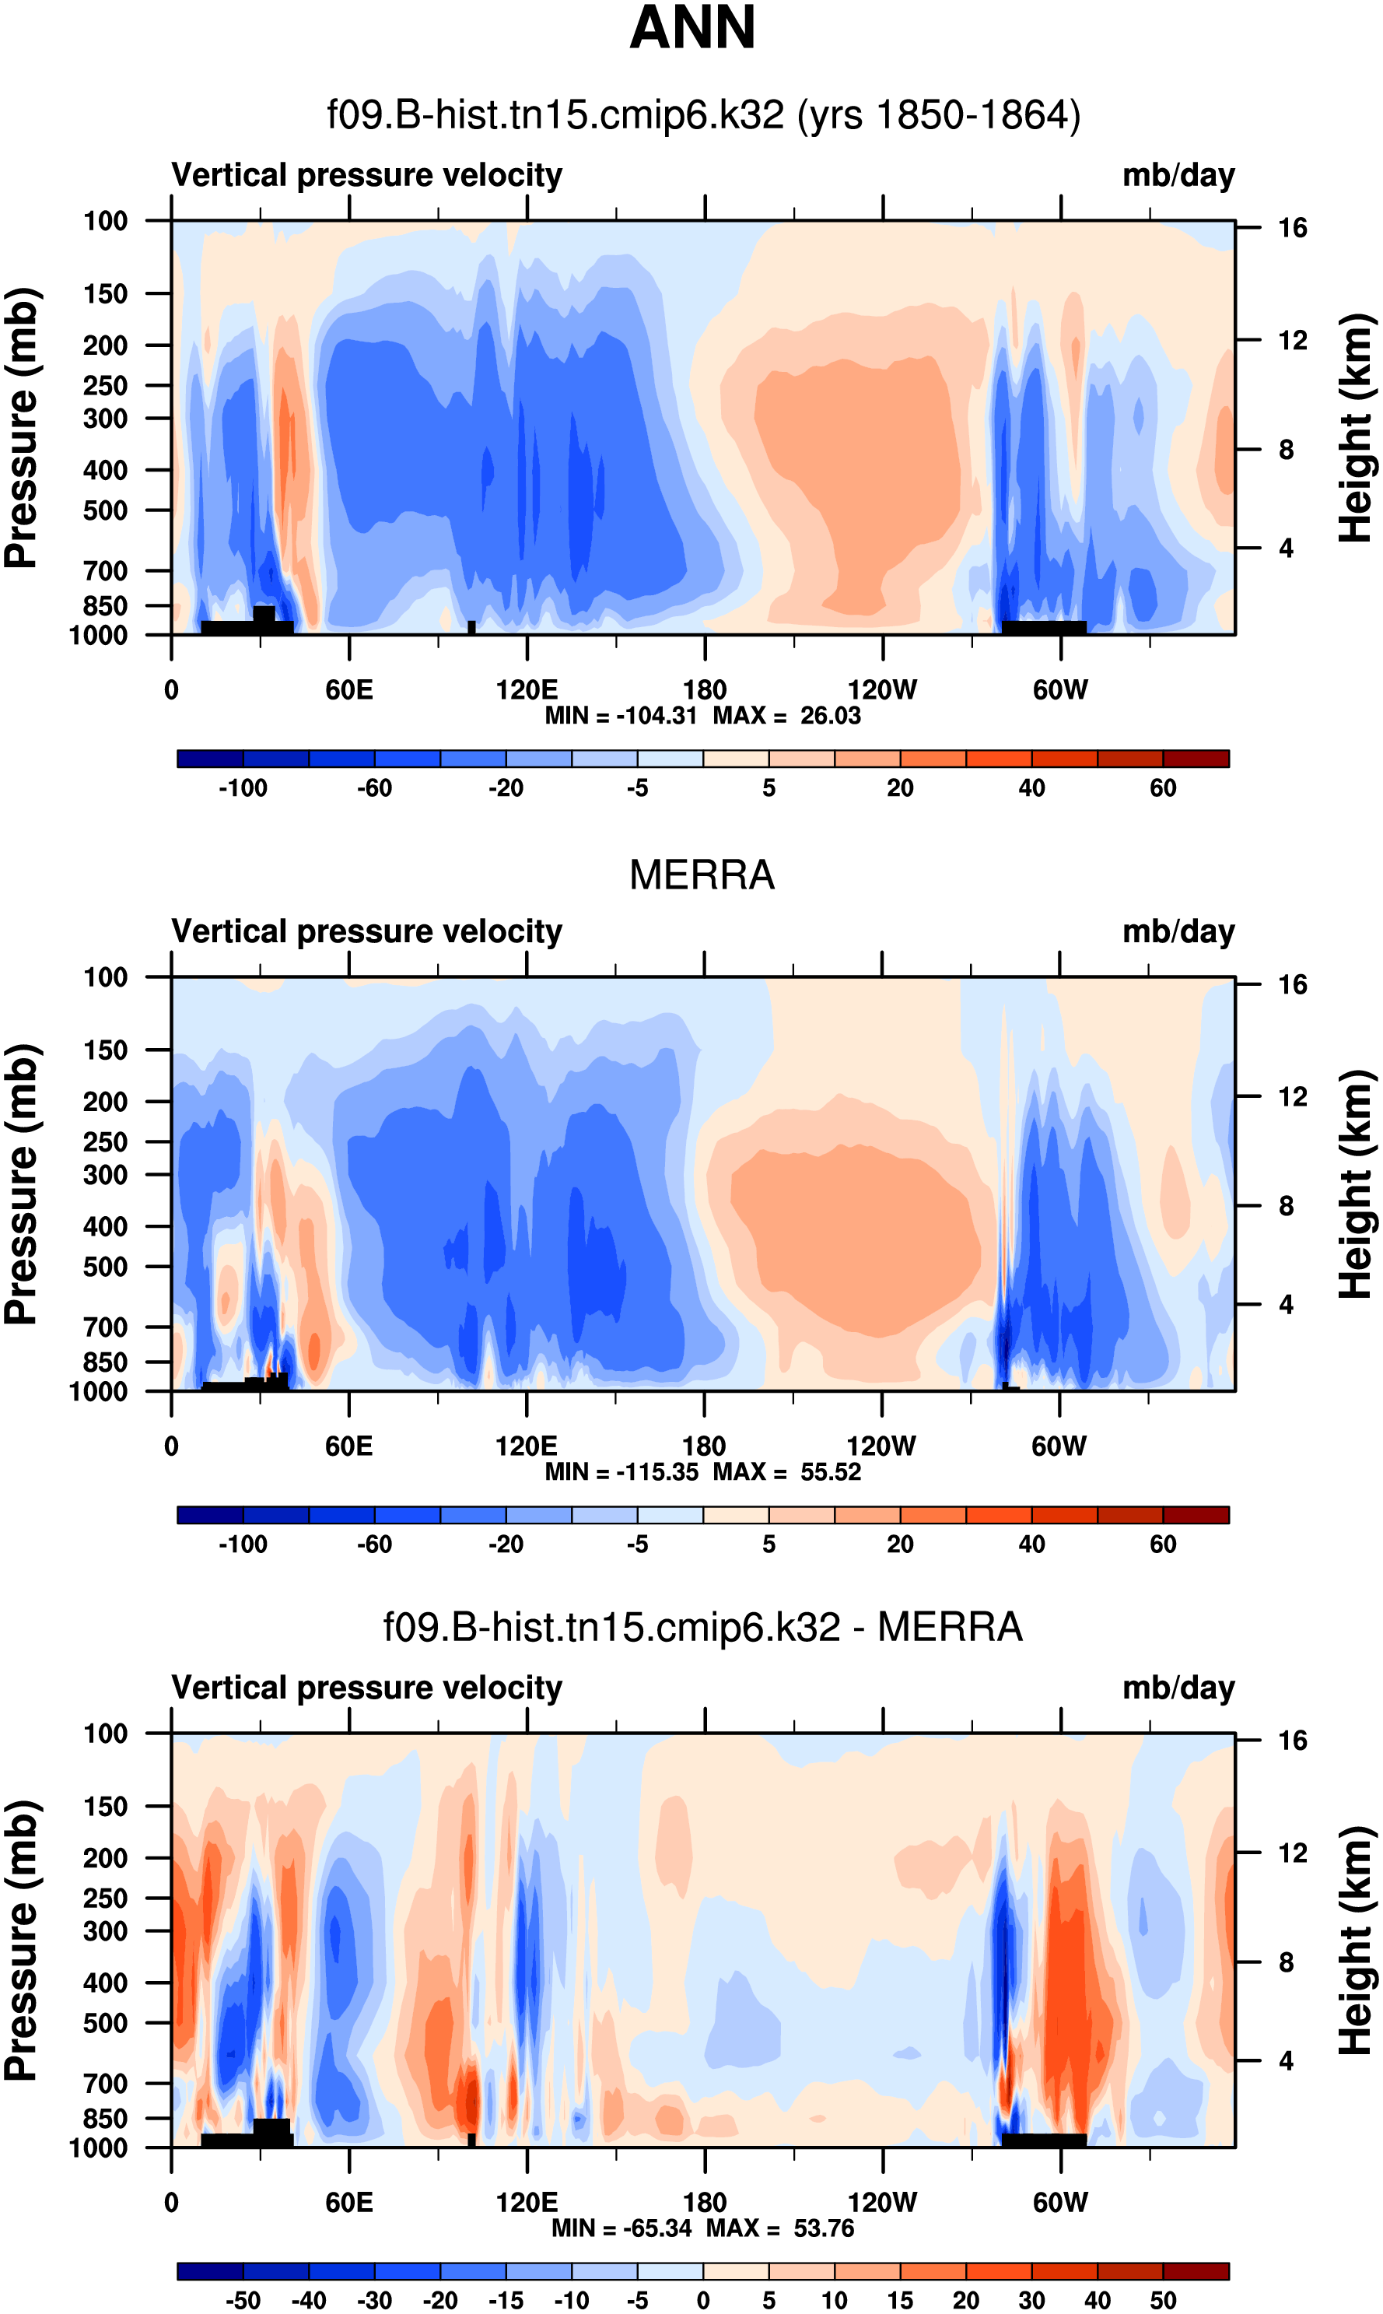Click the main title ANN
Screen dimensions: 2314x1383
tap(691, 28)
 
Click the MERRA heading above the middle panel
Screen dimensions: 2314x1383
tap(702, 875)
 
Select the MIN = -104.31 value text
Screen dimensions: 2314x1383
tap(621, 716)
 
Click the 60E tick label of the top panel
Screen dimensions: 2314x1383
tap(349, 691)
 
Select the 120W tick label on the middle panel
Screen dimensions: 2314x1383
tap(881, 1446)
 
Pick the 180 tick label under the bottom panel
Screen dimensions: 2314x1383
tap(705, 2202)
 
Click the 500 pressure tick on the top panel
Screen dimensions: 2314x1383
tap(105, 510)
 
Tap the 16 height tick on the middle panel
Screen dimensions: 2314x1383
tap(1292, 984)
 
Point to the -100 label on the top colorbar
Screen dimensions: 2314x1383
tap(243, 788)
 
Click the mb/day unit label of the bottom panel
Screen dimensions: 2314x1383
tap(1178, 1688)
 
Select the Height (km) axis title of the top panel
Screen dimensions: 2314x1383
tap(1356, 429)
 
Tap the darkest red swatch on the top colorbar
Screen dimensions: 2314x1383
tap(1196, 759)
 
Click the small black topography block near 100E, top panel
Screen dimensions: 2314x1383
tap(471, 627)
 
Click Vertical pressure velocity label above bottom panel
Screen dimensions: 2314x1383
tap(367, 1688)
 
